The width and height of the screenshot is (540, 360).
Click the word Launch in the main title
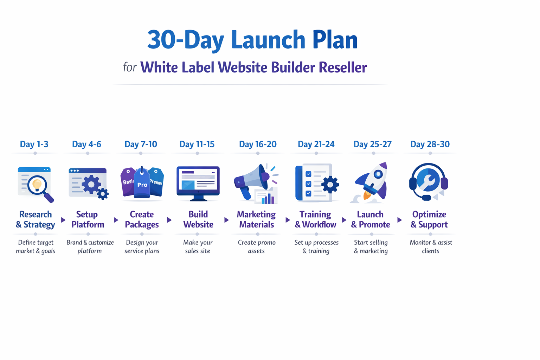(x=268, y=39)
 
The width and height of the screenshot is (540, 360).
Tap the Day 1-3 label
(x=34, y=144)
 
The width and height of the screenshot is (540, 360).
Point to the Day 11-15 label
(x=197, y=144)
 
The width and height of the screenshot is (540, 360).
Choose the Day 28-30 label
(x=430, y=144)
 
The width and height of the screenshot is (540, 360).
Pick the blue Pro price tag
(x=142, y=184)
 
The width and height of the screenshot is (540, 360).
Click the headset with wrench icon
(x=428, y=181)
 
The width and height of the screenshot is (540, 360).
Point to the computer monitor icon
(x=198, y=183)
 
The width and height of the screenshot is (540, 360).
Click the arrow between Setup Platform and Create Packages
(x=116, y=220)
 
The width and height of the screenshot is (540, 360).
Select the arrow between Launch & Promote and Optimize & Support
(x=399, y=220)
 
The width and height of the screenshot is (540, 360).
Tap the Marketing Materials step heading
(x=256, y=219)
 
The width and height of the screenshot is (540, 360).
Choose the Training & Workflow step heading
(x=315, y=219)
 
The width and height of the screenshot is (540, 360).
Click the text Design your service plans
(x=142, y=246)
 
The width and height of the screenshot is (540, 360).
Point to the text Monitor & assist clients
(x=431, y=246)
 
